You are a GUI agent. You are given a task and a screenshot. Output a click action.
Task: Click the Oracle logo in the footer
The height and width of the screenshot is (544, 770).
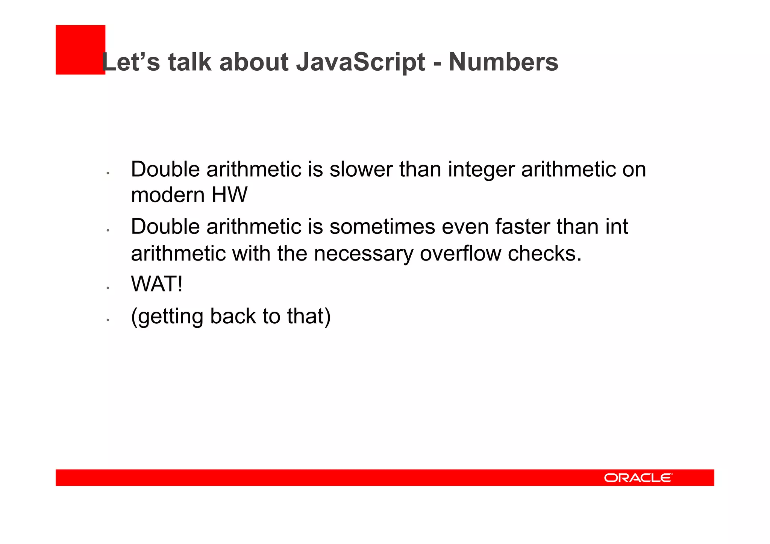pos(638,477)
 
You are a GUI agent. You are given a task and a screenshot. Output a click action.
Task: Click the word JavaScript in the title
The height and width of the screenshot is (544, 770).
pos(360,62)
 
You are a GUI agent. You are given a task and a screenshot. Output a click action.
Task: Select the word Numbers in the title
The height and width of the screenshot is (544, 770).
pos(503,62)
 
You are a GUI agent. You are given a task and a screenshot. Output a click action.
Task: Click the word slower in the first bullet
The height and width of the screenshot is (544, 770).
pos(361,170)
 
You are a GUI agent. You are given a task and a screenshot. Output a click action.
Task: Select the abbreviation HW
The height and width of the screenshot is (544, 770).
pos(229,195)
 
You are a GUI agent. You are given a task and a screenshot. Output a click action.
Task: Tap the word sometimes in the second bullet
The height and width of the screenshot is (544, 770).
pos(382,227)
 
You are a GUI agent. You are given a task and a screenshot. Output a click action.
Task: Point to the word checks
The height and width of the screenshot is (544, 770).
pos(544,253)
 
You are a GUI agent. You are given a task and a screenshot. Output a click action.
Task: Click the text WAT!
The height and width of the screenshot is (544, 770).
pos(157,284)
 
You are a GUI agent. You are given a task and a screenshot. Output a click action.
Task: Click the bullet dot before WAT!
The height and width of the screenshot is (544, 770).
pos(108,288)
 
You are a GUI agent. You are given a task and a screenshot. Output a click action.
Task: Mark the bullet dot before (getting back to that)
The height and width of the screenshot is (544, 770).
pos(108,320)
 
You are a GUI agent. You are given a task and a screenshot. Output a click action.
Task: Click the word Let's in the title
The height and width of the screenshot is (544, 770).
pos(131,62)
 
